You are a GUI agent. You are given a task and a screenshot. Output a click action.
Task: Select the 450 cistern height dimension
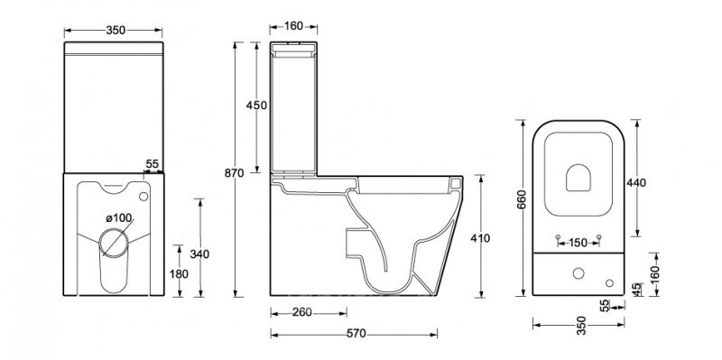[256, 106]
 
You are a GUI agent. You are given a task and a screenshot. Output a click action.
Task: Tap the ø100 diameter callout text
[119, 217]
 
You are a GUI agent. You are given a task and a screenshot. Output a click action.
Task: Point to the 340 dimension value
[199, 254]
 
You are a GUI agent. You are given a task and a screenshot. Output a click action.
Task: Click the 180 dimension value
[179, 274]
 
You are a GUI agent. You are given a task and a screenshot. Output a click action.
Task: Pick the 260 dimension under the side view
[302, 312]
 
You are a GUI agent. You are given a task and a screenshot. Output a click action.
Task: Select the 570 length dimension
[356, 333]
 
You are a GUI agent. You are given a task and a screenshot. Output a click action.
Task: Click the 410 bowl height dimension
[480, 238]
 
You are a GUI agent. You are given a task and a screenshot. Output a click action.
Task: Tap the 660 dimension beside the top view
[522, 198]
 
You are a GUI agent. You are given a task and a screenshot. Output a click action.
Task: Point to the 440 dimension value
[636, 183]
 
